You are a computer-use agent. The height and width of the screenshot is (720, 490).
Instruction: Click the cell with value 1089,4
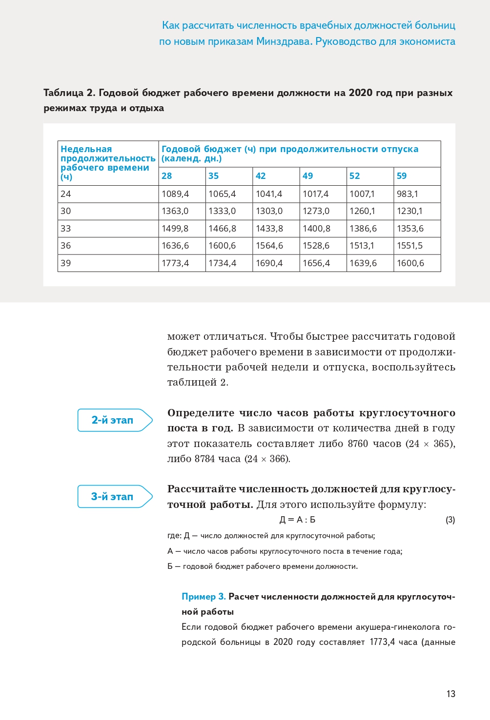point(175,194)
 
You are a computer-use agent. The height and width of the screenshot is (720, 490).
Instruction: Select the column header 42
point(261,176)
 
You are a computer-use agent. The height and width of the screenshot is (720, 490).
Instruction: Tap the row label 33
point(66,229)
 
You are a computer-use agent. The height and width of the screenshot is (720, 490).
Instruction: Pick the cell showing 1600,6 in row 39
point(410,263)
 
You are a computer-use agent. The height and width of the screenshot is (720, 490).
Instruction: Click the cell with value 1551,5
point(410,246)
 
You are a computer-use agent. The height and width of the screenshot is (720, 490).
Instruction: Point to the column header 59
point(402,176)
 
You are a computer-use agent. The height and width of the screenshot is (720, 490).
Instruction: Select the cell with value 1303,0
point(269,211)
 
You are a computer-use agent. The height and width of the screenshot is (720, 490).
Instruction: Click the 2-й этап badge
point(113,420)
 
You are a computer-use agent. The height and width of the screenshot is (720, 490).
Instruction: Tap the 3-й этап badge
point(113,497)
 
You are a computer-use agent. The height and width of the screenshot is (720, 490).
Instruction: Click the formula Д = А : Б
point(297,520)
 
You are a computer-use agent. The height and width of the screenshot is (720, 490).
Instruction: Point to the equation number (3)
point(450,520)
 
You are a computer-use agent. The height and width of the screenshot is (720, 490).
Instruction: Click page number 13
point(450,694)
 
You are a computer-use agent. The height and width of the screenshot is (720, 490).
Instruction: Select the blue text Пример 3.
point(204,597)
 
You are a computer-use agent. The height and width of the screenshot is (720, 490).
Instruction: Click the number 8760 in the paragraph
point(358,444)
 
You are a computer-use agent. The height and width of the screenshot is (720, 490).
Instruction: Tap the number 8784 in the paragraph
point(204,459)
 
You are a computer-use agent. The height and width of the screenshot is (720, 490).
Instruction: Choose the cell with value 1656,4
point(316,263)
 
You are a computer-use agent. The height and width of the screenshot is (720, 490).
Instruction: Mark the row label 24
point(66,194)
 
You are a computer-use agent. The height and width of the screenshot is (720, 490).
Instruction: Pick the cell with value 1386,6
point(363,229)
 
